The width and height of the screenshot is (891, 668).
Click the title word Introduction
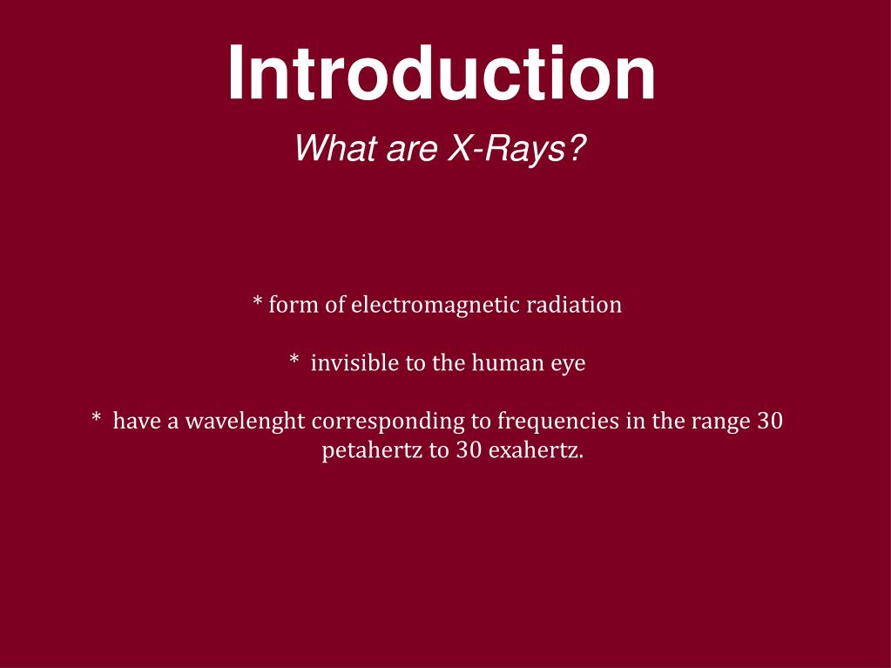tap(442, 75)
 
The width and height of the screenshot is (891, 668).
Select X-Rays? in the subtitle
tap(516, 148)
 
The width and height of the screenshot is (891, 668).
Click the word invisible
tap(355, 362)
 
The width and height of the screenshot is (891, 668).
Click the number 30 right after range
tap(770, 421)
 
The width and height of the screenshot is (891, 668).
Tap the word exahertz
tap(536, 451)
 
